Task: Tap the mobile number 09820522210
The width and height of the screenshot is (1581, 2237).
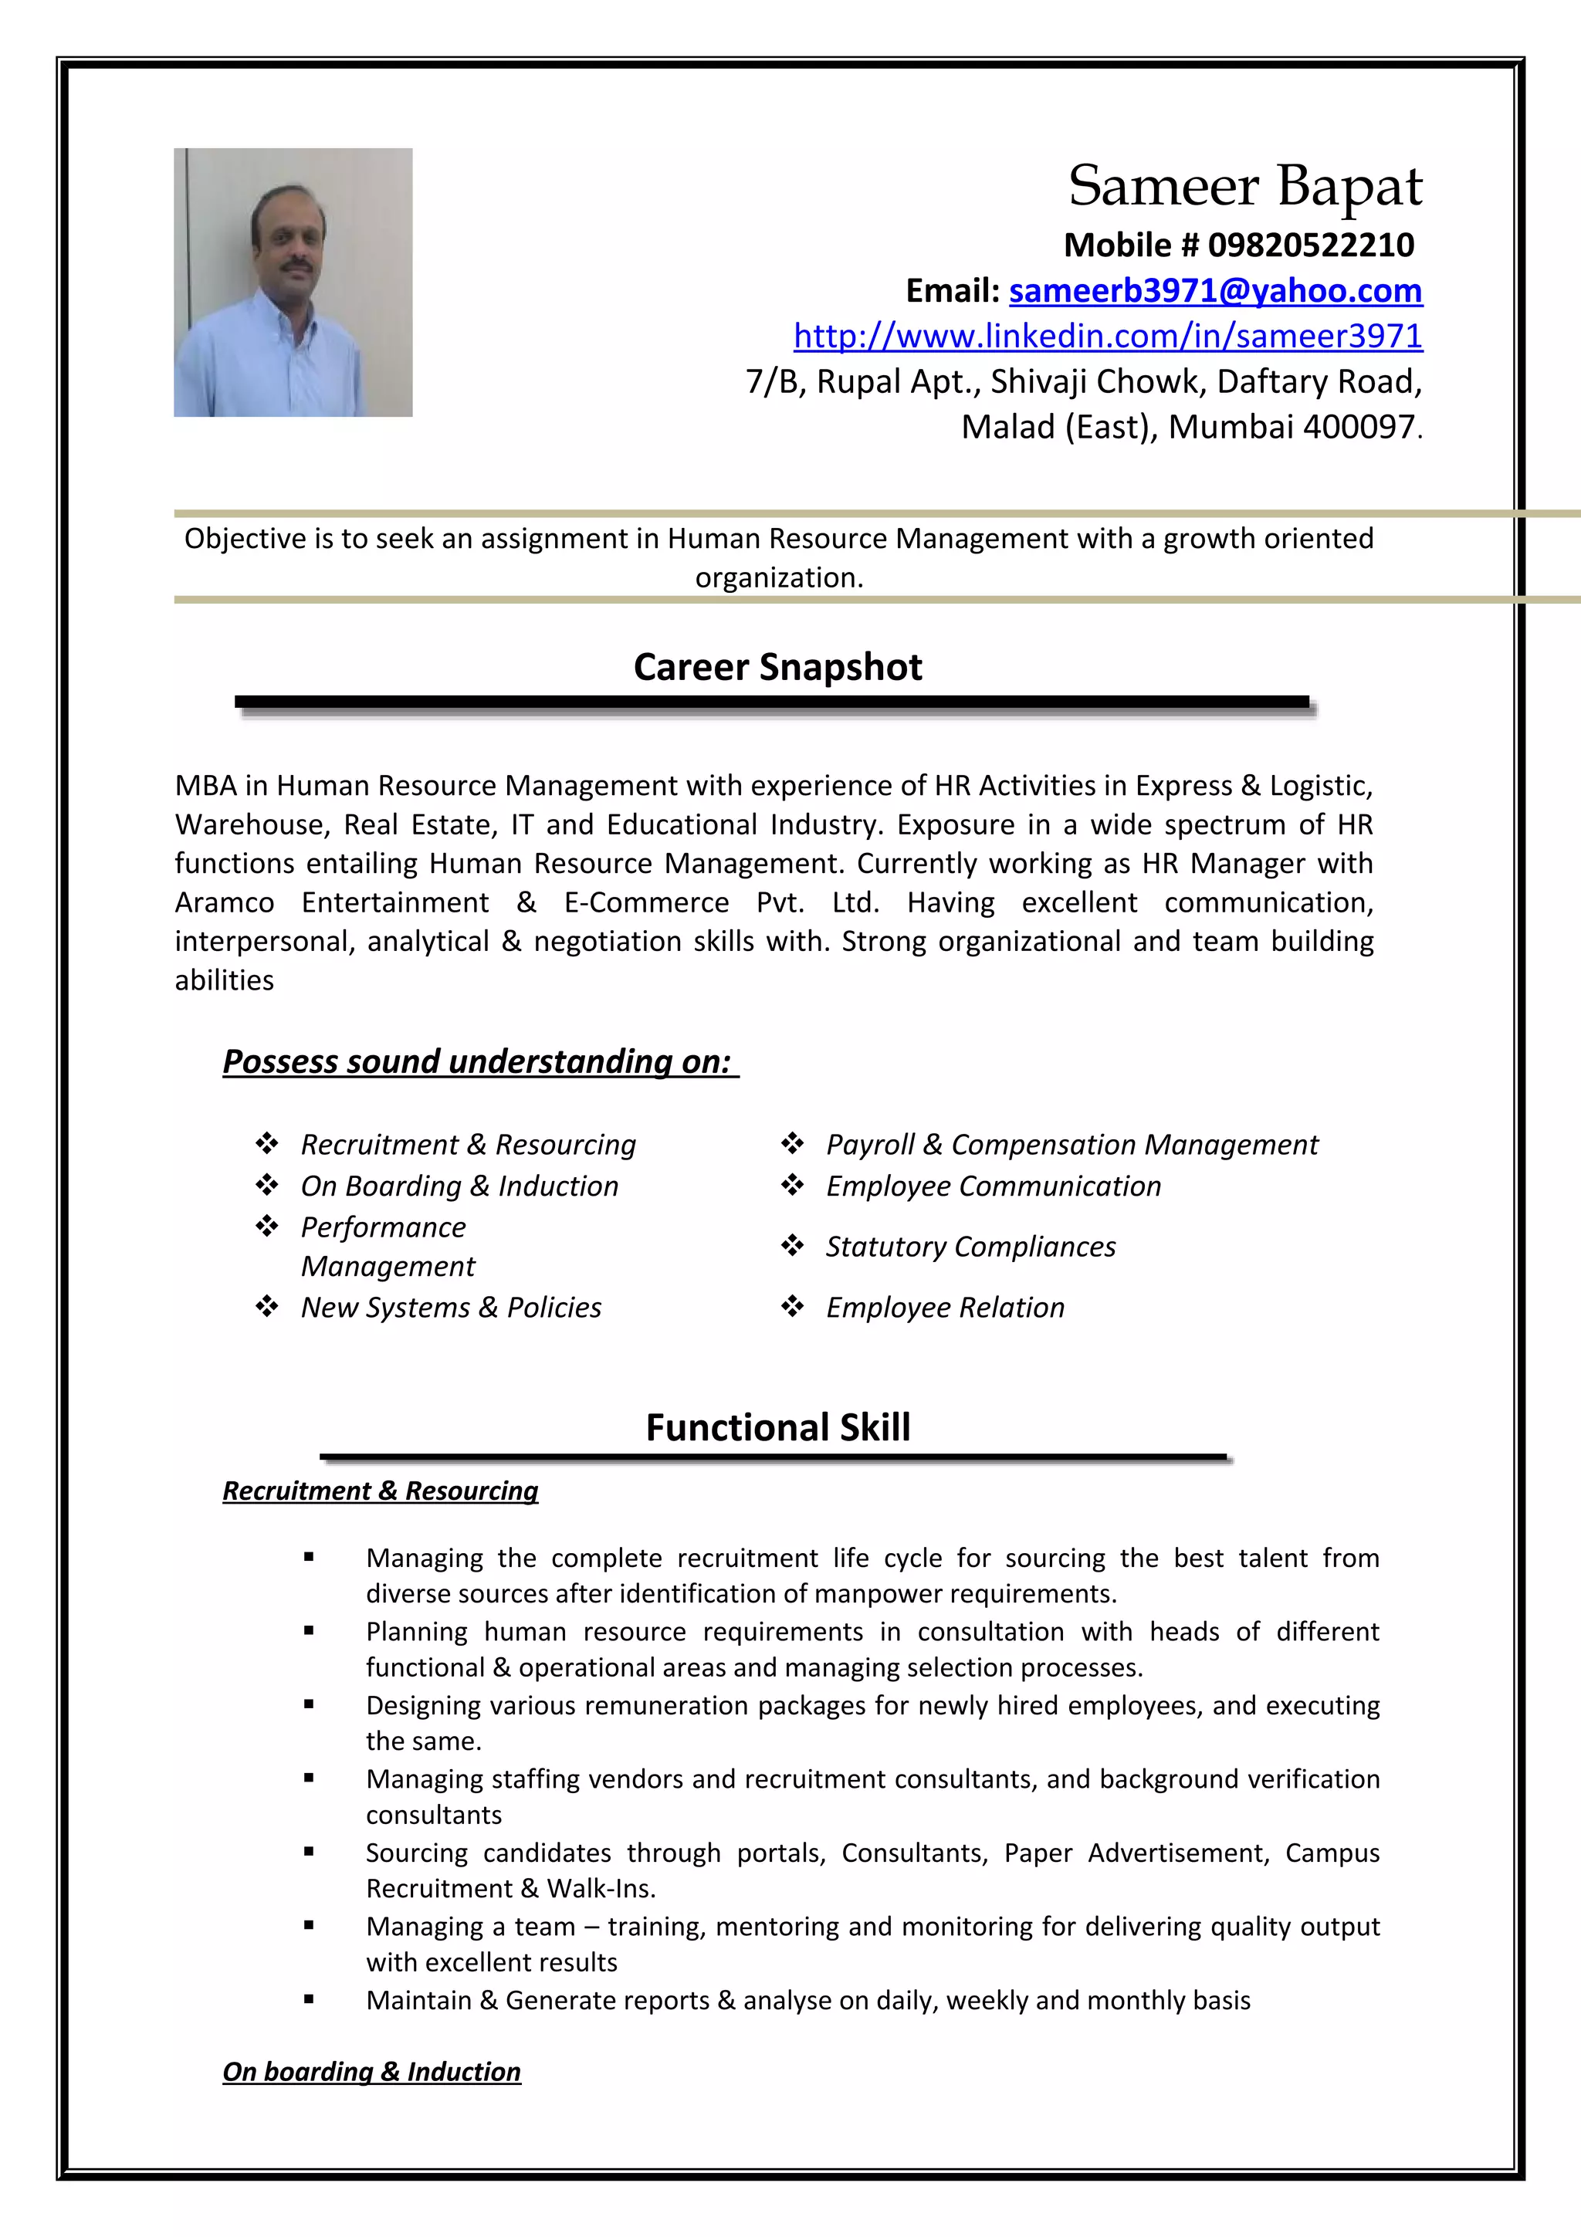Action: (1310, 245)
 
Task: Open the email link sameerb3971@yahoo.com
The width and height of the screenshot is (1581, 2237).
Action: (1215, 290)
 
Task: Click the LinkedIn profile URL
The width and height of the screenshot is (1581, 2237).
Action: (1108, 336)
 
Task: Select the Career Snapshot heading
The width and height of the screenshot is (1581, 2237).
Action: (777, 668)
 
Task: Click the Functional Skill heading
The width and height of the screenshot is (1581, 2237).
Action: (777, 1427)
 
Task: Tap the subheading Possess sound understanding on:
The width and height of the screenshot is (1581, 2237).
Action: (476, 1061)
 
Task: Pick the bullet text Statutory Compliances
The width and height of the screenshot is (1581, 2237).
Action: (970, 1247)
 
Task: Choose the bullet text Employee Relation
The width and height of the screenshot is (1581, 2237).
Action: (945, 1308)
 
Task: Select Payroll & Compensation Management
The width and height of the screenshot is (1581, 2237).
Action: (1071, 1145)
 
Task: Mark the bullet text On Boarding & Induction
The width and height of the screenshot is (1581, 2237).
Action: (459, 1186)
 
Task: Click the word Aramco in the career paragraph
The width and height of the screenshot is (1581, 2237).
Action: (224, 903)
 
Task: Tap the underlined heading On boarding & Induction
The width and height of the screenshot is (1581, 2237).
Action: (371, 2071)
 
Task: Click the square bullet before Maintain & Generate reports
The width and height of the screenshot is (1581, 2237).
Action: (309, 1999)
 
